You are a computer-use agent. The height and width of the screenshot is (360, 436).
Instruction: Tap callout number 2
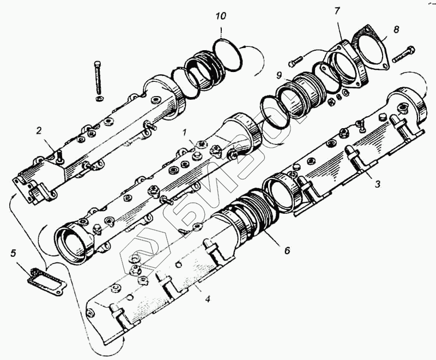click(39, 130)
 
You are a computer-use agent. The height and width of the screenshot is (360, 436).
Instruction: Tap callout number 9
click(279, 75)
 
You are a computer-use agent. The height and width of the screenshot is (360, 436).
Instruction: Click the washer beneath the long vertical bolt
click(99, 99)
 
